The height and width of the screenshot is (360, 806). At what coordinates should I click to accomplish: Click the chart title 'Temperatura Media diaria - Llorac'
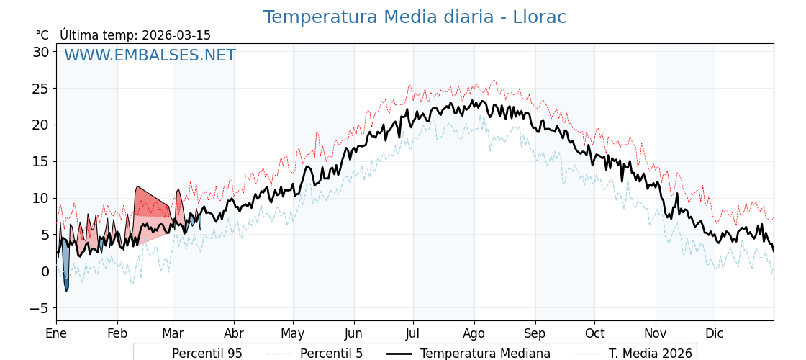414,17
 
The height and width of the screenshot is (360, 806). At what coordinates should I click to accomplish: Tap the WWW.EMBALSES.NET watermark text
150,55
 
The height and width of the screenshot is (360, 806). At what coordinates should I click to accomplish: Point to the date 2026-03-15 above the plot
176,35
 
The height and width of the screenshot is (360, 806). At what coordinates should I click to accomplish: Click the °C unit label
42,35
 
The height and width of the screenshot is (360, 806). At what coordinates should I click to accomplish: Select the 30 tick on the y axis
40,52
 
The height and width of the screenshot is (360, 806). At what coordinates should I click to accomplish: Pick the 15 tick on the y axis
40,161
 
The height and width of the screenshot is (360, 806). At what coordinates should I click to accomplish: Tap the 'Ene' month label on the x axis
56,334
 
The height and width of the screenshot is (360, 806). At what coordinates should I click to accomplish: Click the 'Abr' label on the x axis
234,334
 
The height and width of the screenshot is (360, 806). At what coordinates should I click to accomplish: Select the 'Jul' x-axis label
413,334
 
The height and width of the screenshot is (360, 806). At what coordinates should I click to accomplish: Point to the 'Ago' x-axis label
474,334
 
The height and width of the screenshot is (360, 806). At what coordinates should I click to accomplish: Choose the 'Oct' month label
594,334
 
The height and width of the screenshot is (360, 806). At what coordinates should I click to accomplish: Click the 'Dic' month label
715,334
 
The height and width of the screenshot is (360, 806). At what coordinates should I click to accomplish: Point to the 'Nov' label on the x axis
656,334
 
